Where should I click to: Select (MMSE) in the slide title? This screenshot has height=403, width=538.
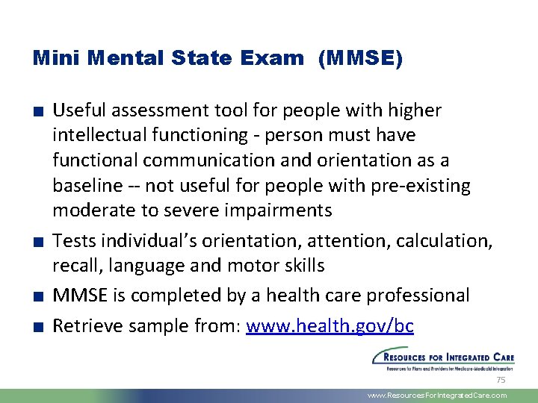point(359,58)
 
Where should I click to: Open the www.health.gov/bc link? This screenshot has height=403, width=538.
point(330,326)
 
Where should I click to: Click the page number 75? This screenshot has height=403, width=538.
point(501,380)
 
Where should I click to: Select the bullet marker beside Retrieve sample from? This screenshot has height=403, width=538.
point(38,327)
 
